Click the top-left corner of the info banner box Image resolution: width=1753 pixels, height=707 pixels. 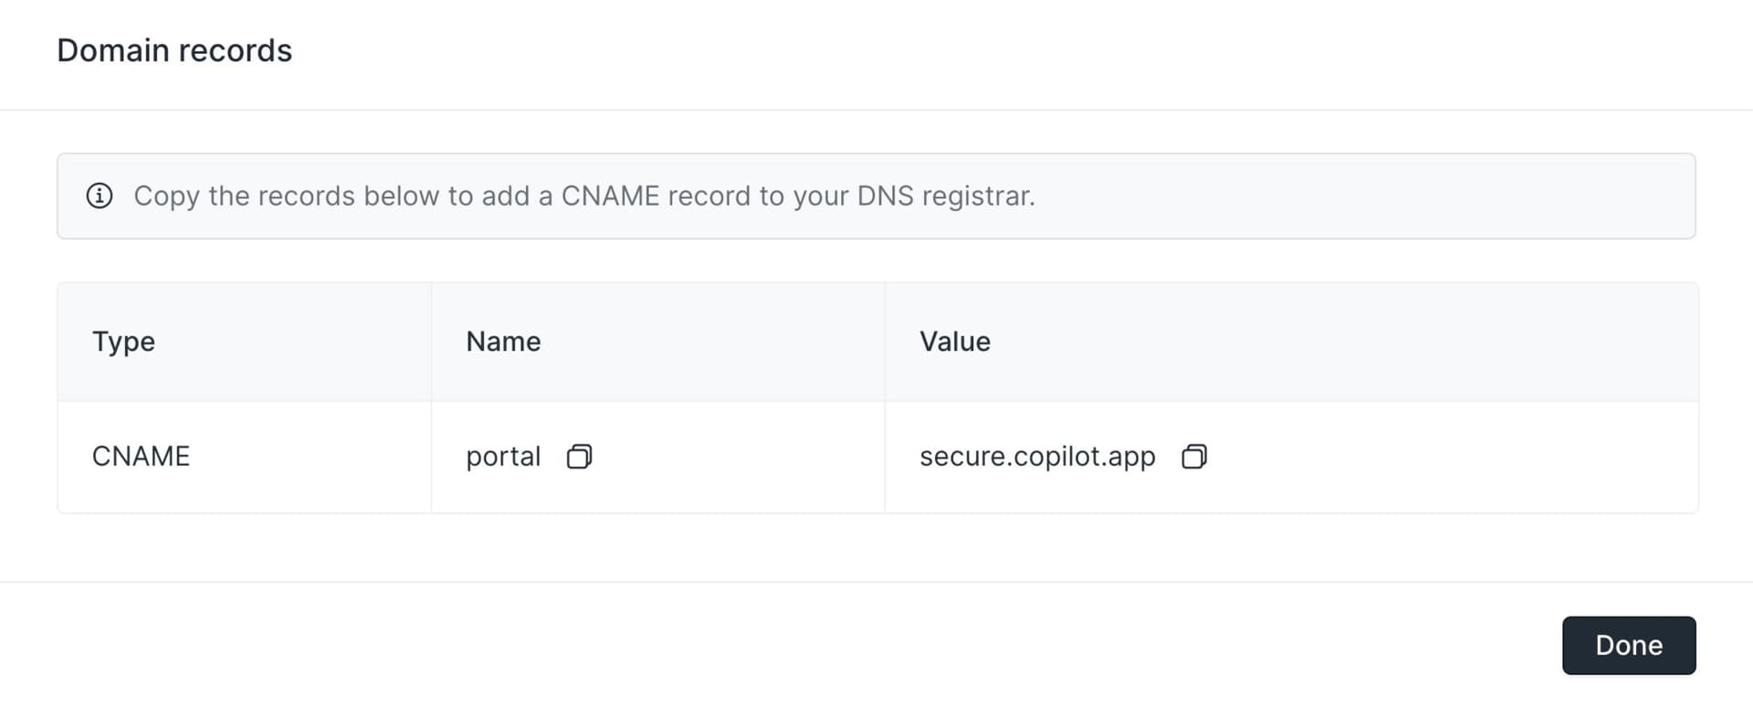click(x=58, y=153)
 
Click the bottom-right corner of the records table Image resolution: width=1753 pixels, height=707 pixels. click(x=1698, y=512)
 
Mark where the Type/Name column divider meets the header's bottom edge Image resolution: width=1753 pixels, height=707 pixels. click(x=431, y=401)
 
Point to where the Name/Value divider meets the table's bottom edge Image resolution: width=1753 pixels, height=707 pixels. click(x=885, y=512)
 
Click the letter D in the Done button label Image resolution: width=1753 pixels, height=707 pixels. click(x=1605, y=646)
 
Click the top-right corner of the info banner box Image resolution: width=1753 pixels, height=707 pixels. click(x=1695, y=153)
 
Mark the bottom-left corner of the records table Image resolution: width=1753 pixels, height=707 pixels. click(x=58, y=512)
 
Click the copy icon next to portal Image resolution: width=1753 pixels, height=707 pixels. click(x=579, y=456)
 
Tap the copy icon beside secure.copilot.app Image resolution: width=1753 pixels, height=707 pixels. click(x=1194, y=456)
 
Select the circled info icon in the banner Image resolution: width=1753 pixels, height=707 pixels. click(x=100, y=195)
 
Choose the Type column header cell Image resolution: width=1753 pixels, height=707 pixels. click(x=245, y=342)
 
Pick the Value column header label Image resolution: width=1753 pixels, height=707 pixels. click(x=955, y=342)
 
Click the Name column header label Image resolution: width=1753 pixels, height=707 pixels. click(x=503, y=342)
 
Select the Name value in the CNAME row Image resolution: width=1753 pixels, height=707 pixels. click(x=503, y=457)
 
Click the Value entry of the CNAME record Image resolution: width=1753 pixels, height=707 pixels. click(x=1037, y=457)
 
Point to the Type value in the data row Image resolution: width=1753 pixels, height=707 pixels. click(x=141, y=456)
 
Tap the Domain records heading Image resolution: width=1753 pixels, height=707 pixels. click(x=174, y=50)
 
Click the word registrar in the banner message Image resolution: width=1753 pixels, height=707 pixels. click(x=979, y=196)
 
